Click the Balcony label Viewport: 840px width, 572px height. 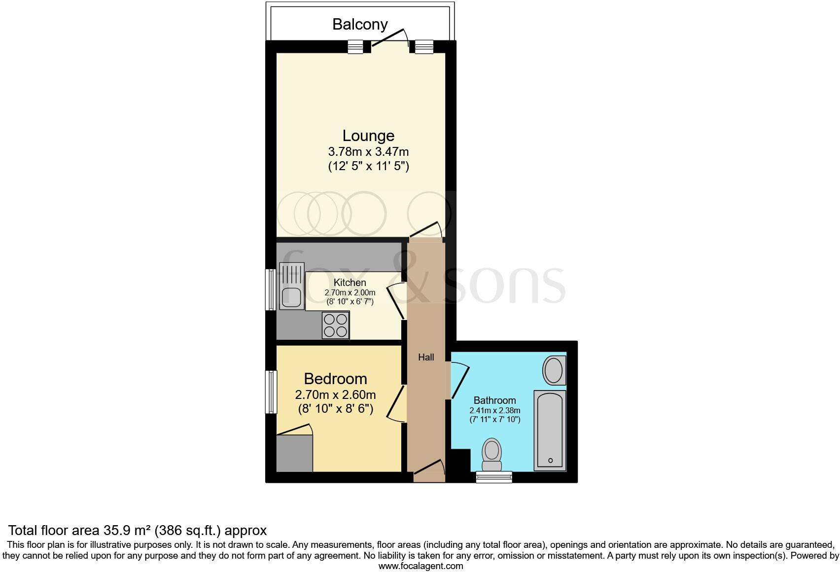tap(360, 24)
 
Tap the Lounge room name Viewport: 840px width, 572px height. tap(368, 136)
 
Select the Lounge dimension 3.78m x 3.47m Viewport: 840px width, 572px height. tap(368, 151)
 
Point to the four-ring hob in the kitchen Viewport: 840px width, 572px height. tap(336, 325)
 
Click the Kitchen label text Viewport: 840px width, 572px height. tap(350, 283)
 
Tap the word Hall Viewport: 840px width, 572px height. tap(426, 357)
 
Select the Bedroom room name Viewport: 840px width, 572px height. tap(335, 379)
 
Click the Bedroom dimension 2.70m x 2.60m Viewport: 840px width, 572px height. tap(335, 394)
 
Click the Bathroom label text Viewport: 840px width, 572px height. tap(494, 400)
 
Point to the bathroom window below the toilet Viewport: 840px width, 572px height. tap(494, 476)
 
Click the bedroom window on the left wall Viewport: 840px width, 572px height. tap(271, 392)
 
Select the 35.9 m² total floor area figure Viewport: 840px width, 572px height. tap(127, 531)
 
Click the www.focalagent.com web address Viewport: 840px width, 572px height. tap(420, 566)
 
